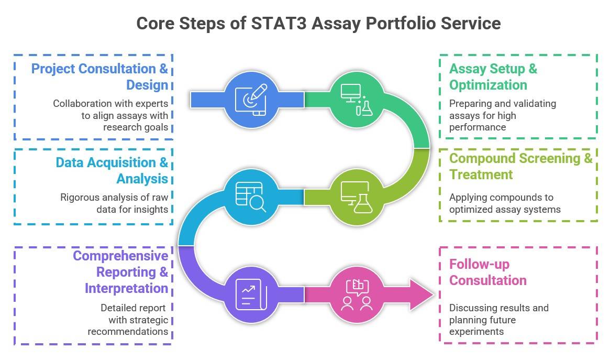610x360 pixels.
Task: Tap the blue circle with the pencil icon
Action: point(250,100)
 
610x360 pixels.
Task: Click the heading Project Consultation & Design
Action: point(100,77)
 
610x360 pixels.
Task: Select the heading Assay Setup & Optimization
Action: point(493,77)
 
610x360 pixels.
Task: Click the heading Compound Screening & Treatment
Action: point(520,166)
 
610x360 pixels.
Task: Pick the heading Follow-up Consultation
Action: point(487,271)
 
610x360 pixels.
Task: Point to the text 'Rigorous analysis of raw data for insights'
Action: point(114,203)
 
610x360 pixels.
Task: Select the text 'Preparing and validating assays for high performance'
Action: point(502,115)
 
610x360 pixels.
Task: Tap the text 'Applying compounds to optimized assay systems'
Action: point(504,203)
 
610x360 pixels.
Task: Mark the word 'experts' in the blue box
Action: point(151,104)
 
